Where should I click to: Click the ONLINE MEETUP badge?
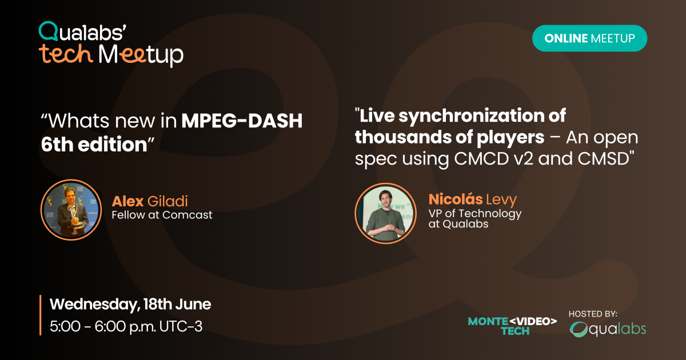pyautogui.click(x=589, y=38)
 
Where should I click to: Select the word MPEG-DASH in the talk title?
pyautogui.click(x=242, y=122)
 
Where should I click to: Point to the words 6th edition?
pyautogui.click(x=94, y=145)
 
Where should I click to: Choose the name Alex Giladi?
pyautogui.click(x=150, y=201)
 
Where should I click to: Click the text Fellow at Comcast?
pyautogui.click(x=162, y=215)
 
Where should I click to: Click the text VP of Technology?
pyautogui.click(x=474, y=213)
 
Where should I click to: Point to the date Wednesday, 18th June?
pyautogui.click(x=130, y=304)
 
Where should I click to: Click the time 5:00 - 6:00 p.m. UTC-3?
pyautogui.click(x=126, y=327)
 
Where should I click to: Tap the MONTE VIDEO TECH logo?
pyautogui.click(x=512, y=326)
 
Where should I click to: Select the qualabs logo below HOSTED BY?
pyautogui.click(x=608, y=330)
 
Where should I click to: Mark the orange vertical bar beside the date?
pyautogui.click(x=40, y=315)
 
